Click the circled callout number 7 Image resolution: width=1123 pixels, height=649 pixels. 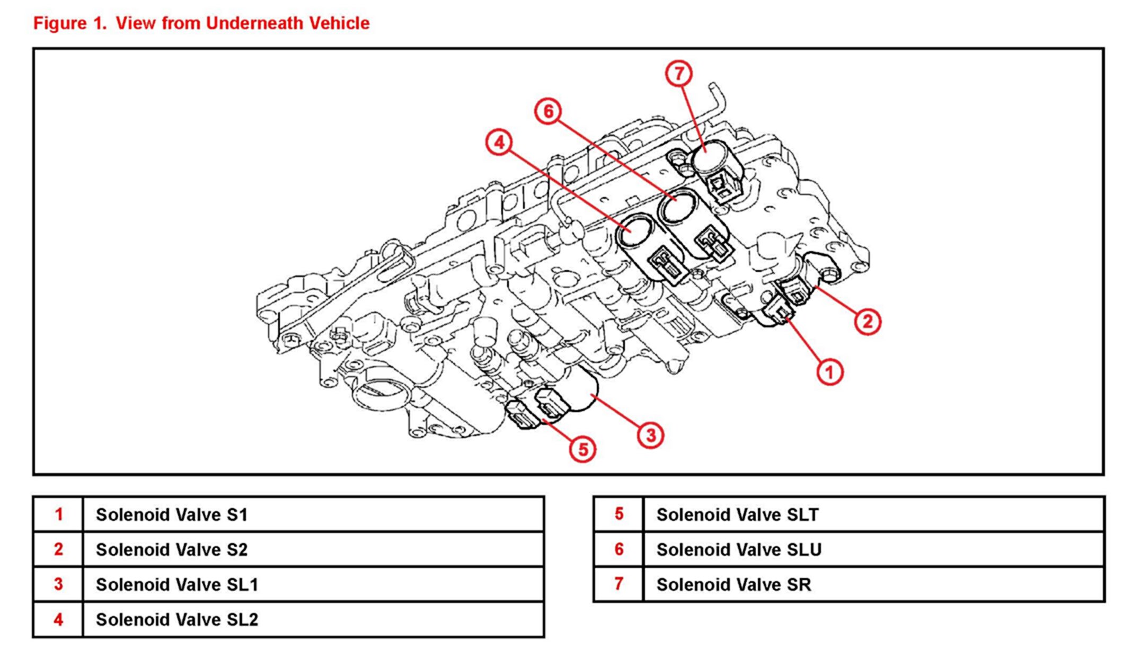pos(679,74)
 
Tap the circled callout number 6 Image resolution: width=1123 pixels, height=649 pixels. pos(548,111)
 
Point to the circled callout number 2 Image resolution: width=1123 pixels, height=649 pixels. pos(868,322)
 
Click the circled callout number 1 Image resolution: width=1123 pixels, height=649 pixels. pos(829,372)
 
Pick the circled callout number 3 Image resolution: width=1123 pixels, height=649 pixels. pos(651,435)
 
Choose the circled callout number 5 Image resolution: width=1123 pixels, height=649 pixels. pos(583,449)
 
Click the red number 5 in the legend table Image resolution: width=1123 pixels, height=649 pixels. pos(618,514)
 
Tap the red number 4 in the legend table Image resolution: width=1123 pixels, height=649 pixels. pos(58,619)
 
